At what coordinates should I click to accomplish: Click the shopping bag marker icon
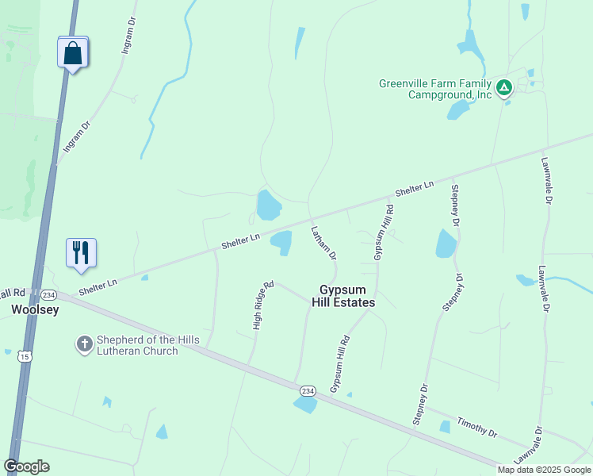72,53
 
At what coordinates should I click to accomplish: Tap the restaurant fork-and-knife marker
81,253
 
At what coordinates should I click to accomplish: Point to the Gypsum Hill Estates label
347,296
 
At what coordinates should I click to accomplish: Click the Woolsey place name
34,310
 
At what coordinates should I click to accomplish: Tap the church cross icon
84,344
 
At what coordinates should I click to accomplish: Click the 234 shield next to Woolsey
48,294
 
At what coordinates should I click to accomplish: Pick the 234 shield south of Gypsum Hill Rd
308,390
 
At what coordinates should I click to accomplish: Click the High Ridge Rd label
263,305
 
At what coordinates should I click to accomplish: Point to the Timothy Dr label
476,428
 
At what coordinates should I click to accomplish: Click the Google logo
26,466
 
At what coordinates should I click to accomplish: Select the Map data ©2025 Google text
544,470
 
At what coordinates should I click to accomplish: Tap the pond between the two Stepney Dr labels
446,244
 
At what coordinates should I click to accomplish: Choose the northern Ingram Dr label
128,36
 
